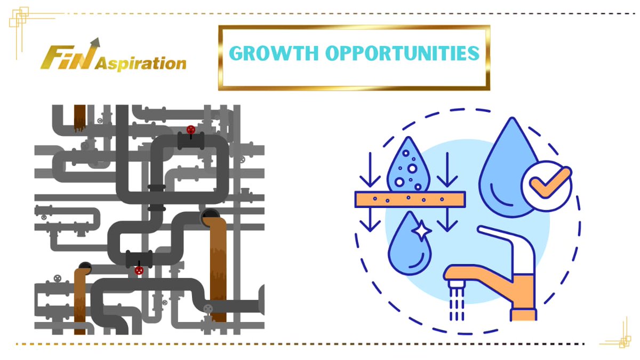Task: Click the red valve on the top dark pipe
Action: coord(190,130)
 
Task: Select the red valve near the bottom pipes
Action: coord(139,270)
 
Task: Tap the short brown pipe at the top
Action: coord(80,117)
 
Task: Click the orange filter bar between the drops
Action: coord(410,199)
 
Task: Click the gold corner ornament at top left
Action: coord(20,22)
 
